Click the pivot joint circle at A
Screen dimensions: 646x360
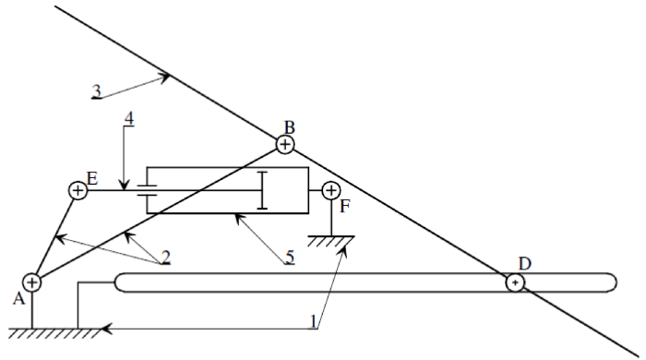31,282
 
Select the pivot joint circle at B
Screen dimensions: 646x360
285,145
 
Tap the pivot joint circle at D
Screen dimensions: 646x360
515,282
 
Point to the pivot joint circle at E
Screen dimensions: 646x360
78,190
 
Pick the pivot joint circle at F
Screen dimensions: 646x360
330,190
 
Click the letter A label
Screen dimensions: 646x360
18,299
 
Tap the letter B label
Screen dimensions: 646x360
290,127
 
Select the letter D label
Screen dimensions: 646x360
524,264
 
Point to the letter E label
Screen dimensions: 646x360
92,179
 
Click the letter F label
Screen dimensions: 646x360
345,207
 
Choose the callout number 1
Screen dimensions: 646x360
314,321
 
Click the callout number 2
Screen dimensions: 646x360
165,257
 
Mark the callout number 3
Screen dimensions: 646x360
96,91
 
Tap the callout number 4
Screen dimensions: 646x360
129,119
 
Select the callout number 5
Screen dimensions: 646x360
290,257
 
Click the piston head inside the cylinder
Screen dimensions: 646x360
262,190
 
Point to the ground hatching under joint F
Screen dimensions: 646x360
330,241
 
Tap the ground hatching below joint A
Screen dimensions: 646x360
54,333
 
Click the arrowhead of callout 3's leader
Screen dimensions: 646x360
165,77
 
